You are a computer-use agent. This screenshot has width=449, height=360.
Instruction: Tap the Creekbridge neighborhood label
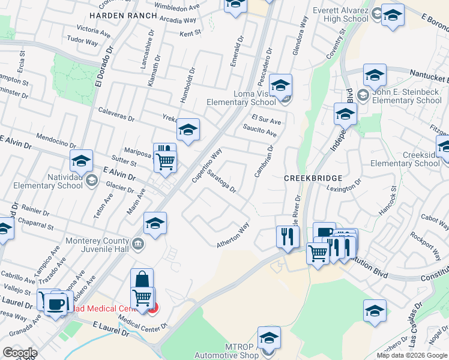(313, 178)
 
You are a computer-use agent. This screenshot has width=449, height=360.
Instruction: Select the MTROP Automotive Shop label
(234, 351)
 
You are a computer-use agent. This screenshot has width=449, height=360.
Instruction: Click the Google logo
(20, 353)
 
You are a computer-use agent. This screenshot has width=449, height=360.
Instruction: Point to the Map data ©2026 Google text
(411, 355)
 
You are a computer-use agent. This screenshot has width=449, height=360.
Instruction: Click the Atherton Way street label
(233, 236)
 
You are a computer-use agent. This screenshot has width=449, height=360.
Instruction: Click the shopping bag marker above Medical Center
(142, 279)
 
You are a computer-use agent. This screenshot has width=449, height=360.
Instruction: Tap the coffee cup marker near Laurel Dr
(56, 302)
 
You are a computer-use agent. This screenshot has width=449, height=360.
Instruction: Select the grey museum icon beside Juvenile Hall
(137, 244)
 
